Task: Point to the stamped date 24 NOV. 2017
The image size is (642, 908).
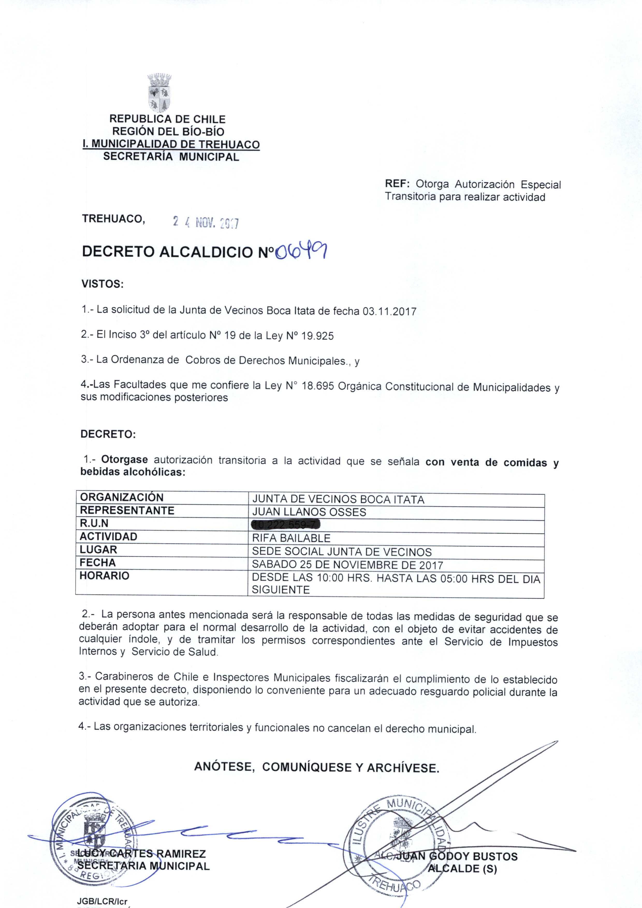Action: [x=206, y=223]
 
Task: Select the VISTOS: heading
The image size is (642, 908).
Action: [x=103, y=284]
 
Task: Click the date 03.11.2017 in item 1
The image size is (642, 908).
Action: [x=389, y=311]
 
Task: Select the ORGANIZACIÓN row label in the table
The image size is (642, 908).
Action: [x=122, y=497]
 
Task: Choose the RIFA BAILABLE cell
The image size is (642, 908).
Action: [x=291, y=538]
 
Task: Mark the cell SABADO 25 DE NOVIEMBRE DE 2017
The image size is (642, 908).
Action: [x=347, y=565]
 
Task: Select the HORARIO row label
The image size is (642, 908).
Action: [x=104, y=576]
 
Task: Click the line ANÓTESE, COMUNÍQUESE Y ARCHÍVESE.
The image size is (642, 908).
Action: [x=317, y=768]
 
